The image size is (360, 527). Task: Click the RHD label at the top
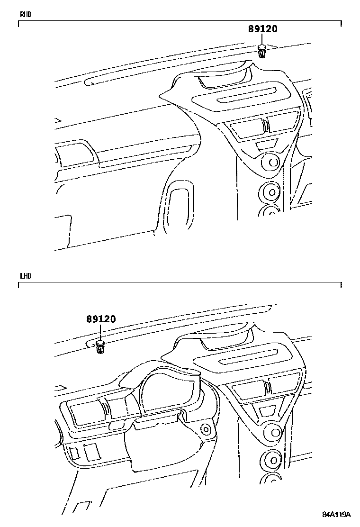pyautogui.click(x=25, y=14)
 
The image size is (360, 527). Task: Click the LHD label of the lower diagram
pyautogui.click(x=25, y=276)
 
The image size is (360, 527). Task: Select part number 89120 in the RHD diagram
pyautogui.click(x=262, y=29)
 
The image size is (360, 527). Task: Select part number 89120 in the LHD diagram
pyautogui.click(x=100, y=319)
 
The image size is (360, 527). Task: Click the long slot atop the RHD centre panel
pyautogui.click(x=248, y=95)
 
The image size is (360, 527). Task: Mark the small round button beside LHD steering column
pyautogui.click(x=206, y=430)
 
